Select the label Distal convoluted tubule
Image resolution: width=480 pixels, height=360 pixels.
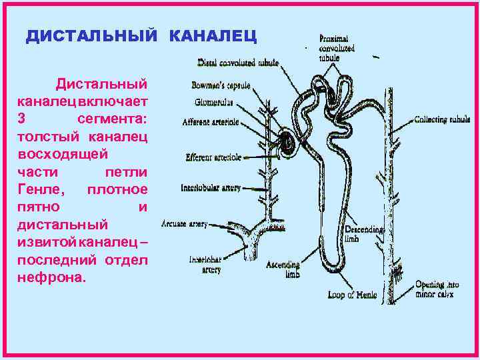238,63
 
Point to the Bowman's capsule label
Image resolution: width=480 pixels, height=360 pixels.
221,86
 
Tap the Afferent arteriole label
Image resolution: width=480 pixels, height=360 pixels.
211,123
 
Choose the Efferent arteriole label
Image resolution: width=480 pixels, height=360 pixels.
213,158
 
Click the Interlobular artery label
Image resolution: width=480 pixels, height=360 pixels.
211,188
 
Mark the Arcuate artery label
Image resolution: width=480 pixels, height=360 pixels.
185,224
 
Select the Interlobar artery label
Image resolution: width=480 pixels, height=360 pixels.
205,264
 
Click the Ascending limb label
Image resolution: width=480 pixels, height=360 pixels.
283,268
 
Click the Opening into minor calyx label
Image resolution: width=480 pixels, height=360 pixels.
439,288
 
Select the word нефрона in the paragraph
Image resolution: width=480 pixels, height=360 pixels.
52,277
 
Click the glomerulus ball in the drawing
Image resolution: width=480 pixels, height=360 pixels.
285,141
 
